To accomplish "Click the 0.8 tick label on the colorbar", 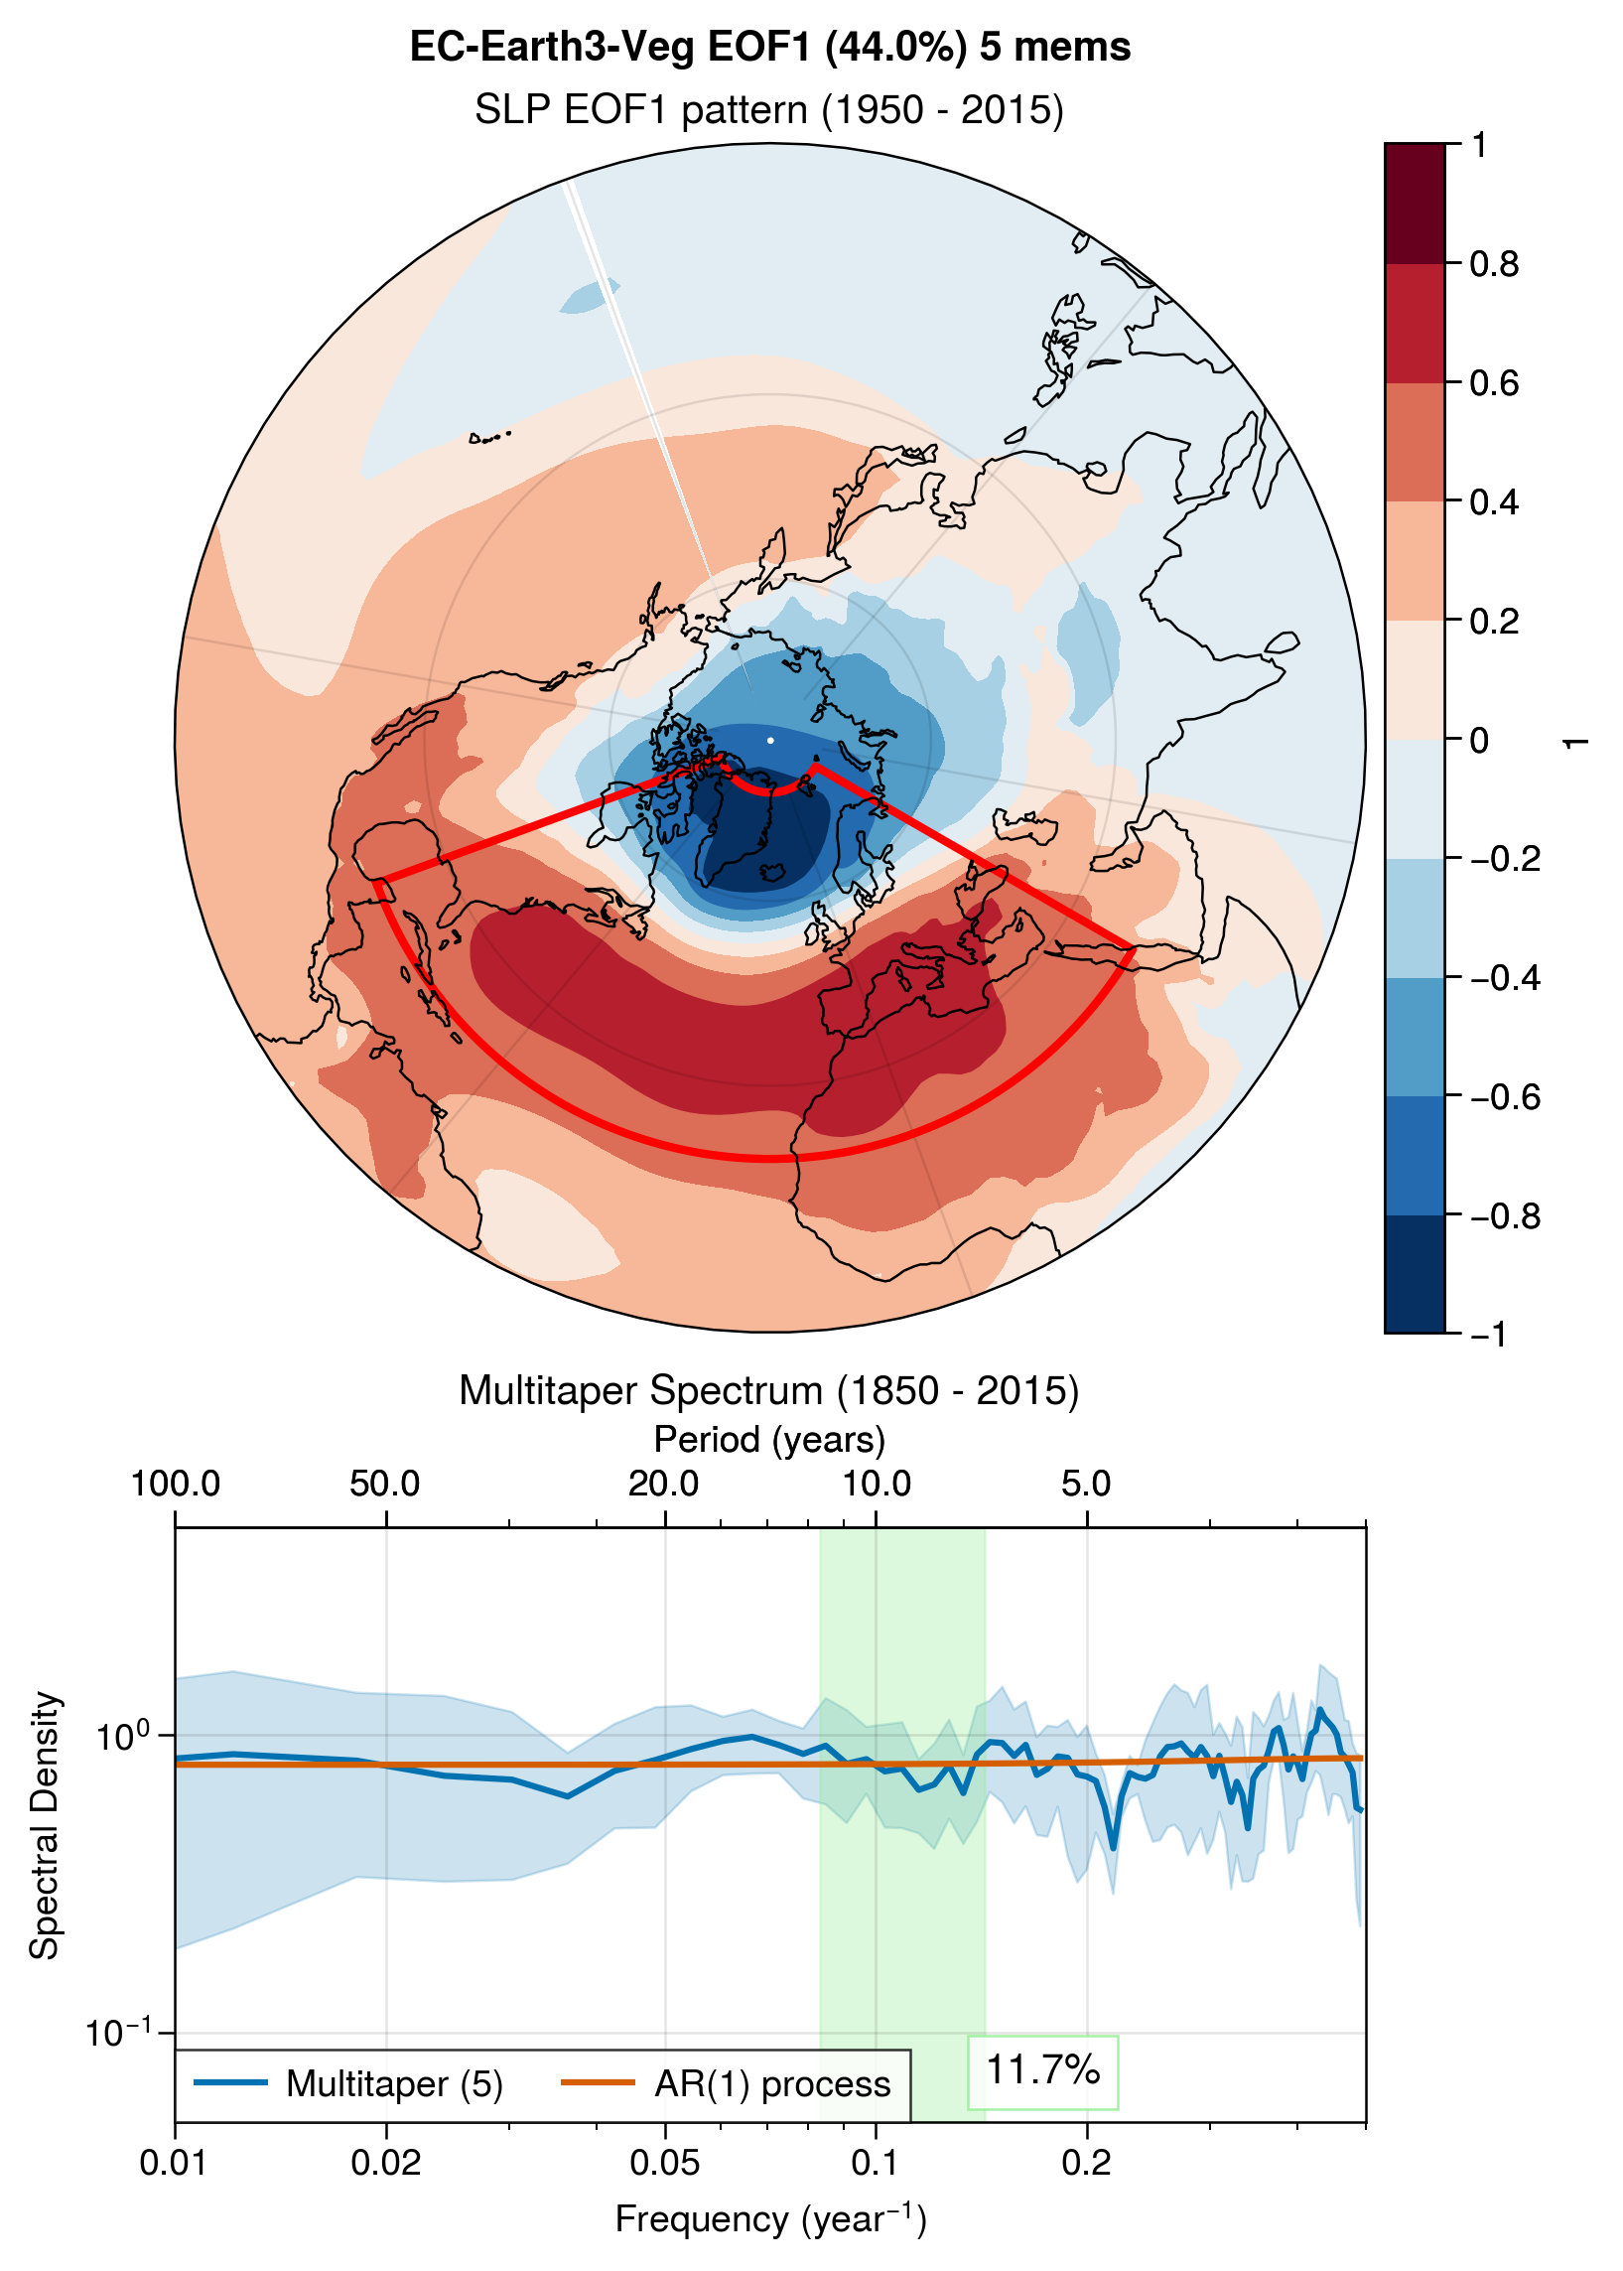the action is point(1494,264).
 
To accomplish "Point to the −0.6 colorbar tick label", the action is point(1505,1096).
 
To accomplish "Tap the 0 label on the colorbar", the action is point(1480,740).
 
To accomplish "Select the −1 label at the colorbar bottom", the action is point(1489,1334).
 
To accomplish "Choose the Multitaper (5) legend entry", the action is point(348,2084).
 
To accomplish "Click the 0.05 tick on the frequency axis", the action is point(665,2163).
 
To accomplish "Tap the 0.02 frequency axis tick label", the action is point(386,2163).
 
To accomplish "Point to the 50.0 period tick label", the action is point(386,1484).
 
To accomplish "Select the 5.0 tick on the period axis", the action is point(1086,1484).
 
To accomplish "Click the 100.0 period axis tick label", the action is point(175,1484).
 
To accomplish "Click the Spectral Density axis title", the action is point(45,1825).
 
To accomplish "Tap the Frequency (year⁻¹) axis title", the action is point(770,2219).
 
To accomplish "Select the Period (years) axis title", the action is point(769,1440).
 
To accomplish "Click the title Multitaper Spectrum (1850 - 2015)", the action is point(769,1390).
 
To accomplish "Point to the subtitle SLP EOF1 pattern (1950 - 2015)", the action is point(769,109).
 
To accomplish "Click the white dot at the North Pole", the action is point(769,740).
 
